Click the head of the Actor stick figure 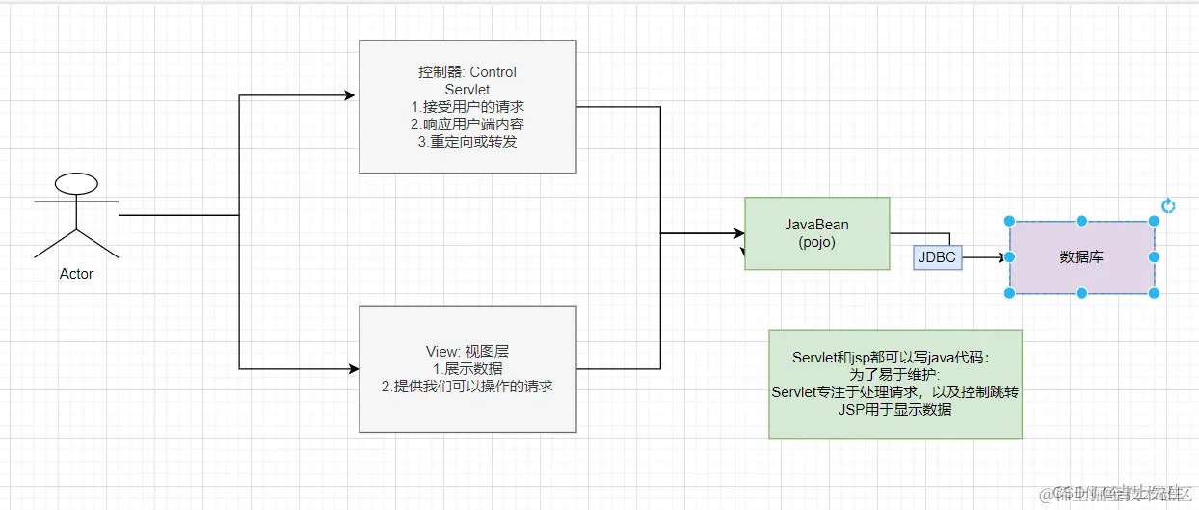coord(76,182)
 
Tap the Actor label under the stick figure coord(76,274)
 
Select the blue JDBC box coord(938,257)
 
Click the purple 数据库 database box coord(1081,257)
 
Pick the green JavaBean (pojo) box coord(816,233)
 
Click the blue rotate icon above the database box coord(1168,205)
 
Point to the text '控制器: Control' coord(467,72)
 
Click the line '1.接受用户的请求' coord(467,107)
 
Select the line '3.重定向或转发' coord(467,142)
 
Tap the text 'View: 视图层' coord(467,351)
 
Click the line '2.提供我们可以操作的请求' coord(467,387)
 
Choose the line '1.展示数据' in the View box coord(467,368)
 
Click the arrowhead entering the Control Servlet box coord(351,95)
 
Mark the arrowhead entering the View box coord(351,369)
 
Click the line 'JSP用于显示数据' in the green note coord(894,409)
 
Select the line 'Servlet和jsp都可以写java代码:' coord(894,357)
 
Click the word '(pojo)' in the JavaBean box coord(816,242)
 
